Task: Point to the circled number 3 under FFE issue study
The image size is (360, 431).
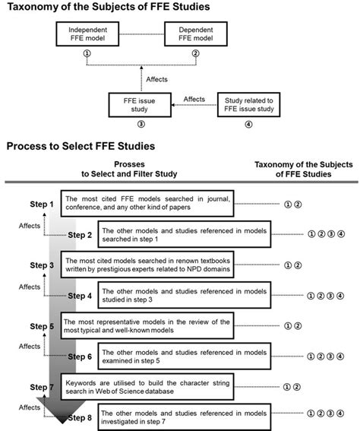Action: click(x=140, y=125)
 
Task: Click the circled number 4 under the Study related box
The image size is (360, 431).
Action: click(x=248, y=125)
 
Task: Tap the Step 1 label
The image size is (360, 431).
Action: click(x=42, y=204)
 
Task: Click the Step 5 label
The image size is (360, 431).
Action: click(x=42, y=326)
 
